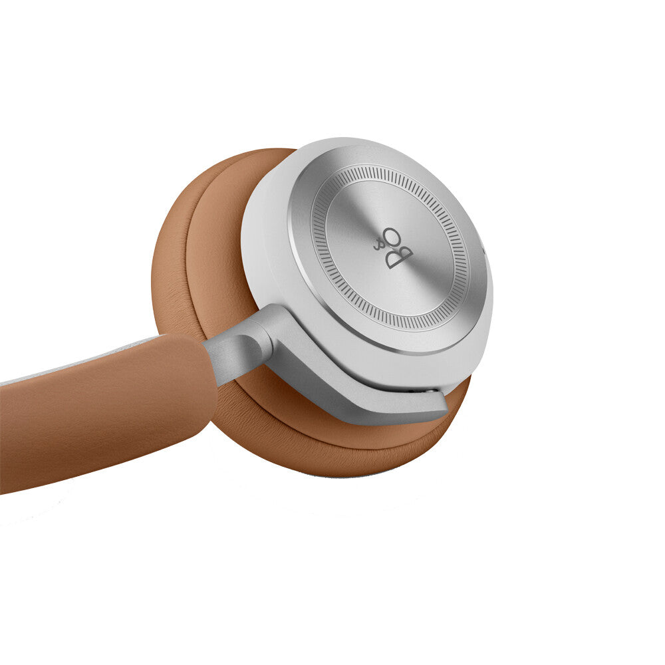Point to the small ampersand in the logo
(378, 244)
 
